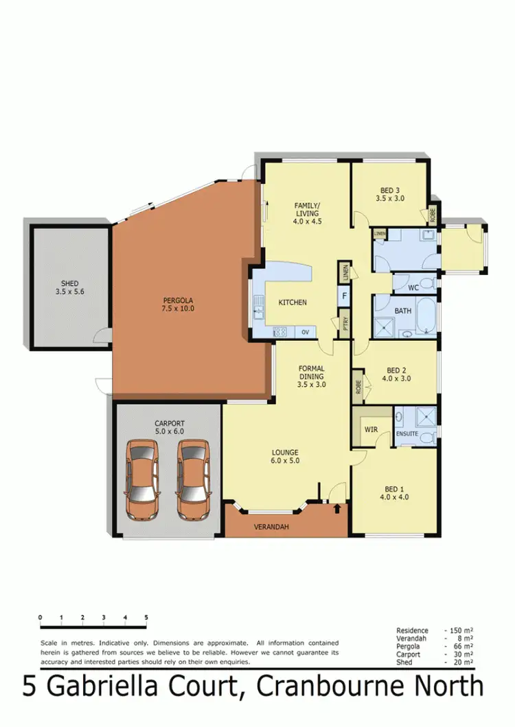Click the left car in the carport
tap(143, 479)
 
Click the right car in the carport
tap(192, 479)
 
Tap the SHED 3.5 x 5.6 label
tap(69, 287)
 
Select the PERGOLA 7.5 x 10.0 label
tap(179, 304)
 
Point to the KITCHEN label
tap(292, 302)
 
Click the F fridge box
tap(343, 296)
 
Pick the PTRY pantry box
tap(343, 323)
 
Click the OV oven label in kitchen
tap(305, 332)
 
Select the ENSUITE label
tap(407, 434)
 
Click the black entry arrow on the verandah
tap(336, 509)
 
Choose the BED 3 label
tap(388, 194)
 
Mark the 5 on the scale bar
tap(146, 618)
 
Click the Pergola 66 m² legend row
tap(434, 647)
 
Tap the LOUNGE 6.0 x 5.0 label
tap(284, 457)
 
